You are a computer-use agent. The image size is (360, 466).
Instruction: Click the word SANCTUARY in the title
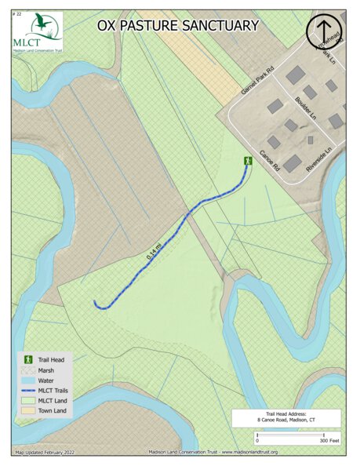click(220, 26)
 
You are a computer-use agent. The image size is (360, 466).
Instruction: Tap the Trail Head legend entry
click(50, 359)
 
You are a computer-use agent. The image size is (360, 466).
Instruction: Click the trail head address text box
click(286, 417)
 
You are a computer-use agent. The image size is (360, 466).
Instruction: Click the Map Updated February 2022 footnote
click(50, 452)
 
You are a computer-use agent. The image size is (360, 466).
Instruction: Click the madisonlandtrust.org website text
click(243, 452)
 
